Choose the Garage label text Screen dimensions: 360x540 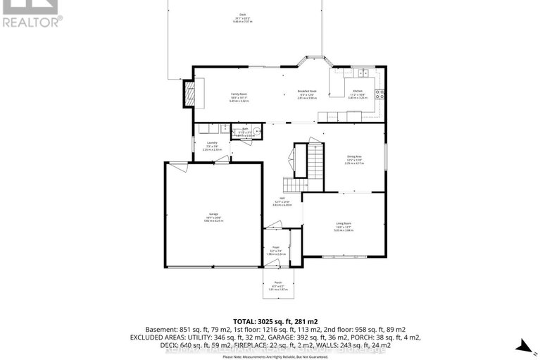(213, 216)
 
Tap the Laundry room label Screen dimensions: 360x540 (212, 145)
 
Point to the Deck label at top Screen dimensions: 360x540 (242, 16)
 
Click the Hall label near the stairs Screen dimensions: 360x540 (282, 200)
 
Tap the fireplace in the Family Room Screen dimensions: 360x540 (189, 94)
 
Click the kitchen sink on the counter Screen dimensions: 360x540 (364, 73)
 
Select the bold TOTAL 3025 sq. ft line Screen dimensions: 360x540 (272, 320)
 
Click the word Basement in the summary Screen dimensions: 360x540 (161, 329)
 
